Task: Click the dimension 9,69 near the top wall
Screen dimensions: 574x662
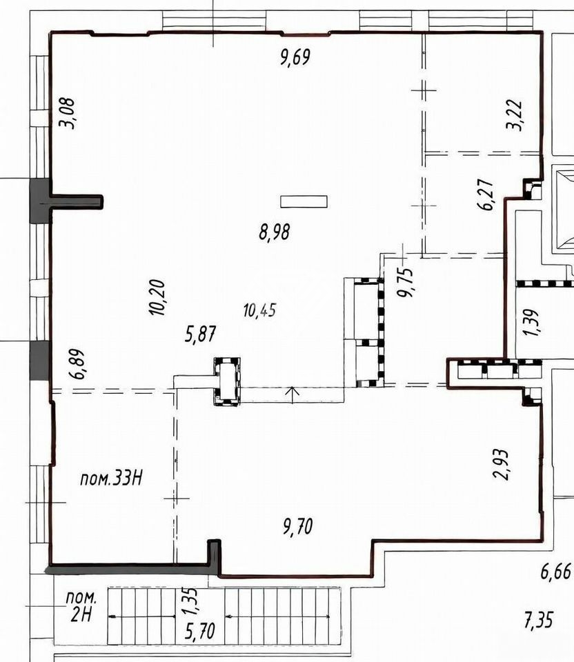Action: [295, 57]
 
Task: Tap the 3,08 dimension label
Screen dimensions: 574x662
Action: [68, 113]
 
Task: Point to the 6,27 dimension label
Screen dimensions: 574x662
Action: [486, 194]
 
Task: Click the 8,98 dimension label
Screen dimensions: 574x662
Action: [275, 232]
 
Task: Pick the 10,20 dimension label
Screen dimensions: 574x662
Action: [157, 297]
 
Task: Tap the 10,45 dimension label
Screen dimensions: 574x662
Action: [260, 311]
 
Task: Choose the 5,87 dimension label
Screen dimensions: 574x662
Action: [201, 334]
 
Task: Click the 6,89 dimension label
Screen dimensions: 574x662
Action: [79, 364]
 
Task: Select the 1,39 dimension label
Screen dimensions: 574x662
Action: [531, 322]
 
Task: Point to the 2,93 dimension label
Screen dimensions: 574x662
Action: [502, 464]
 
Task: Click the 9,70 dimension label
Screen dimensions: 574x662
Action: [298, 527]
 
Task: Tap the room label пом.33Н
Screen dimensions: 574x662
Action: [111, 479]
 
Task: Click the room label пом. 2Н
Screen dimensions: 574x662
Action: [81, 607]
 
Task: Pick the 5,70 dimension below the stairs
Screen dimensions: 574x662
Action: [200, 632]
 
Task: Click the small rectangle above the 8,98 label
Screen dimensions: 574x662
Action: [304, 201]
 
